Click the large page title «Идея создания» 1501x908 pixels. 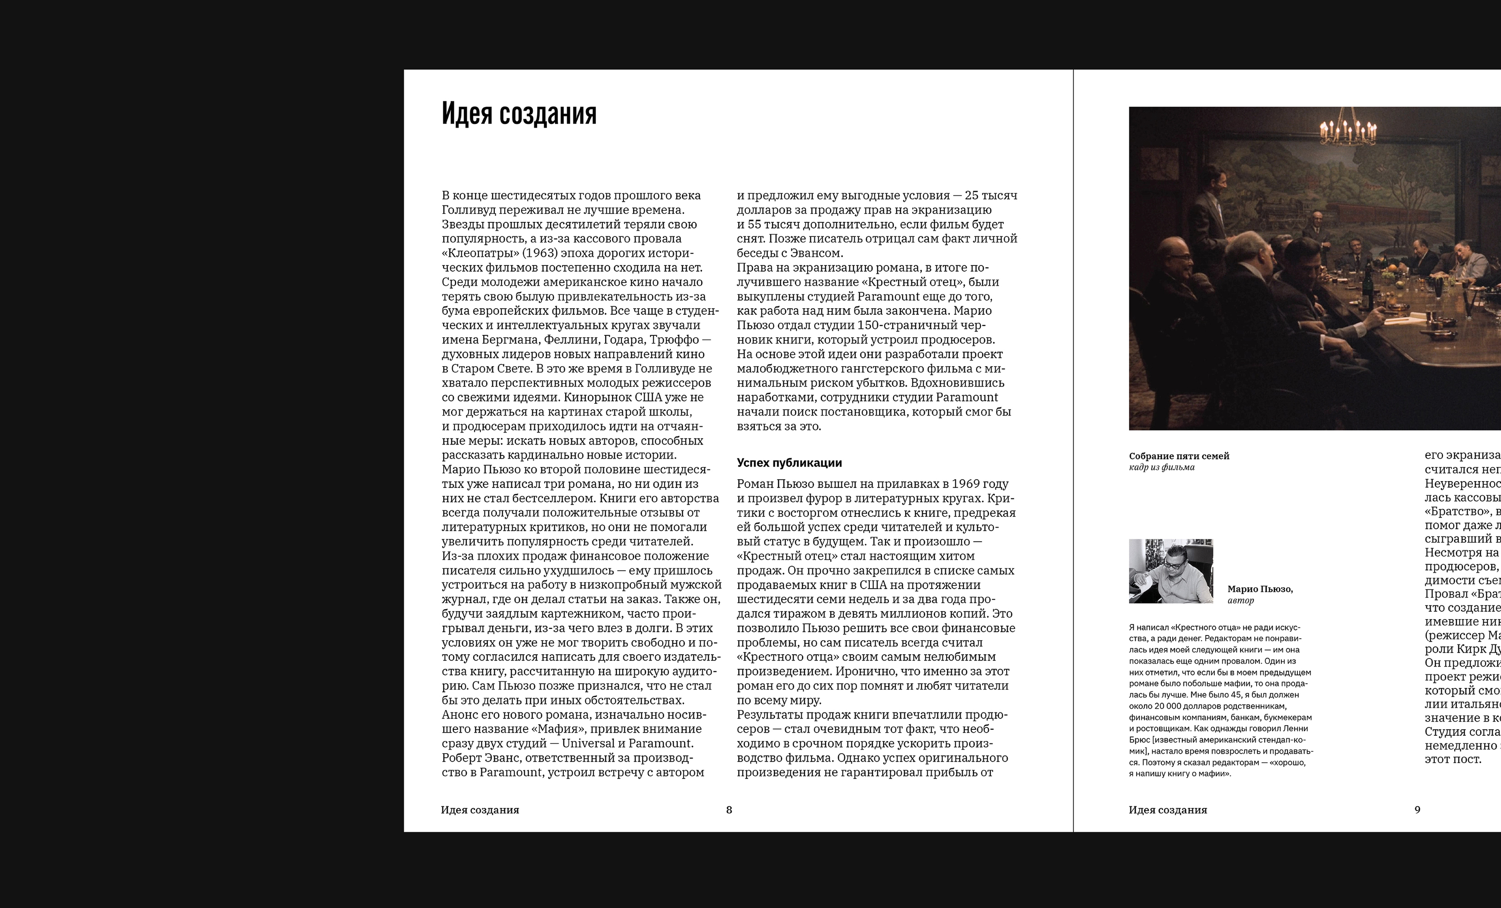[x=519, y=114]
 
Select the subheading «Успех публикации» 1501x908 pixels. [x=789, y=463]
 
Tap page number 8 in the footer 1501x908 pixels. [x=728, y=810]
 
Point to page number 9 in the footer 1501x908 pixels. [x=1417, y=810]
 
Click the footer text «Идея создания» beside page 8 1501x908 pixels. [x=480, y=810]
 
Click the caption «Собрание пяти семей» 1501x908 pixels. [x=1179, y=456]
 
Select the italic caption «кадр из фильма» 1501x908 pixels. [x=1161, y=468]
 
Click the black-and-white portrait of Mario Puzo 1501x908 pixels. [x=1170, y=571]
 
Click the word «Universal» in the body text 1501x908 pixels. [x=588, y=743]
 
